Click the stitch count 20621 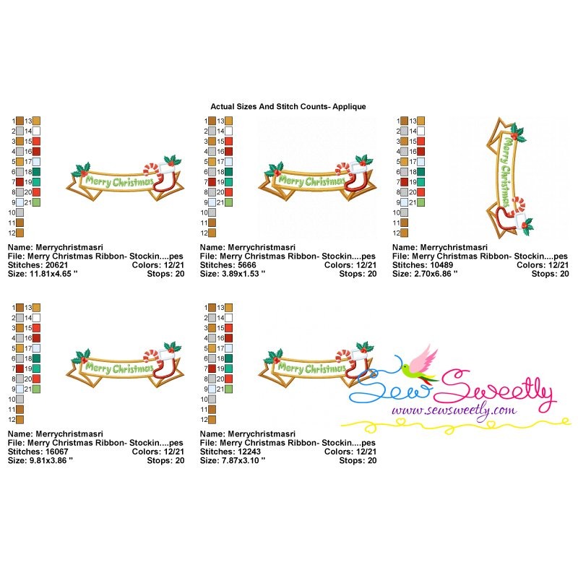pyautogui.click(x=57, y=265)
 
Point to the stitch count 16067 pyautogui.click(x=57, y=452)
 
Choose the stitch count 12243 pyautogui.click(x=249, y=452)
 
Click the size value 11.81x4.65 pyautogui.click(x=50, y=274)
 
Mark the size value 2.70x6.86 pyautogui.click(x=433, y=274)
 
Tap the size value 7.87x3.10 pyautogui.click(x=241, y=460)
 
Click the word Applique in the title pyautogui.click(x=349, y=107)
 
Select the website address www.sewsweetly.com pyautogui.click(x=454, y=410)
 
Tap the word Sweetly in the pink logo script pyautogui.click(x=496, y=391)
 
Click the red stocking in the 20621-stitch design pyautogui.click(x=163, y=181)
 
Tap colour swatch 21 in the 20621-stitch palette pyautogui.click(x=36, y=202)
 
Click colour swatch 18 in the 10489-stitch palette pyautogui.click(x=420, y=172)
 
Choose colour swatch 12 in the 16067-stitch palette pyautogui.click(x=20, y=420)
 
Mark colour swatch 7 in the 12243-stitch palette pyautogui.click(x=212, y=368)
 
